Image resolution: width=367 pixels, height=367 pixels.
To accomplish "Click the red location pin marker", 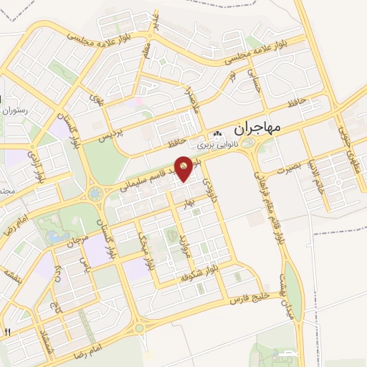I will click(184, 168).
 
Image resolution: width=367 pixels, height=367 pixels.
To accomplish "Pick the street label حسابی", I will click(252, 80).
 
